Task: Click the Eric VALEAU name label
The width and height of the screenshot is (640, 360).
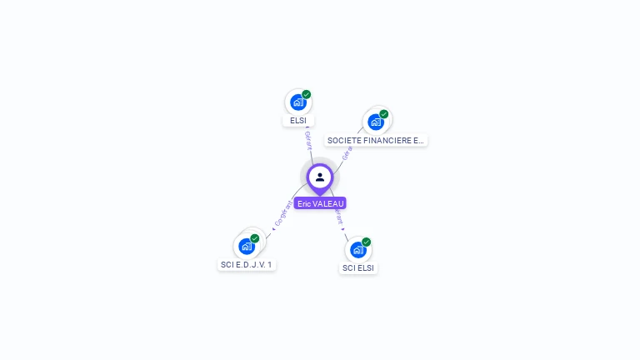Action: (320, 203)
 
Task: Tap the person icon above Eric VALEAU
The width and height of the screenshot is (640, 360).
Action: (320, 177)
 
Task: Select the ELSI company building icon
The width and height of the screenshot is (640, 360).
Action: (297, 102)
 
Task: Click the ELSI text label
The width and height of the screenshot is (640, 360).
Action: (298, 121)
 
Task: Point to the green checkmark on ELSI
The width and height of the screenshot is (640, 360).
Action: (307, 95)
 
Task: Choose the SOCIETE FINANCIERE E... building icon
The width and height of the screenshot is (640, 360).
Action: (376, 122)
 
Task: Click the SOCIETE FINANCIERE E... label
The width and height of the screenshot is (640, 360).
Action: (376, 141)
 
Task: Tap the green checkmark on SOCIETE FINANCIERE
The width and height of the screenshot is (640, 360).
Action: (384, 114)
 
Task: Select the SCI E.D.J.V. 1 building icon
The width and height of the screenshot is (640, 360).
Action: (247, 246)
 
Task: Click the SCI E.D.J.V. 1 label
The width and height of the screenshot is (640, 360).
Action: (247, 265)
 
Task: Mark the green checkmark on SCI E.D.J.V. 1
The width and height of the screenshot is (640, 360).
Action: (255, 238)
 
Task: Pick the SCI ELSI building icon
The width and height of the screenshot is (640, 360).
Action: (357, 249)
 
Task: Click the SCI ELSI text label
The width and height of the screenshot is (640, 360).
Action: (358, 268)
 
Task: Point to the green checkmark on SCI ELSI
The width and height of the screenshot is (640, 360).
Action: (367, 242)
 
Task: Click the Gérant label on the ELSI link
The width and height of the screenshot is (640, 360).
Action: (308, 140)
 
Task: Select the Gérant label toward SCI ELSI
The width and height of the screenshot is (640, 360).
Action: (338, 216)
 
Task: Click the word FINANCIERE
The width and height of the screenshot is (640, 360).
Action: (382, 141)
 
